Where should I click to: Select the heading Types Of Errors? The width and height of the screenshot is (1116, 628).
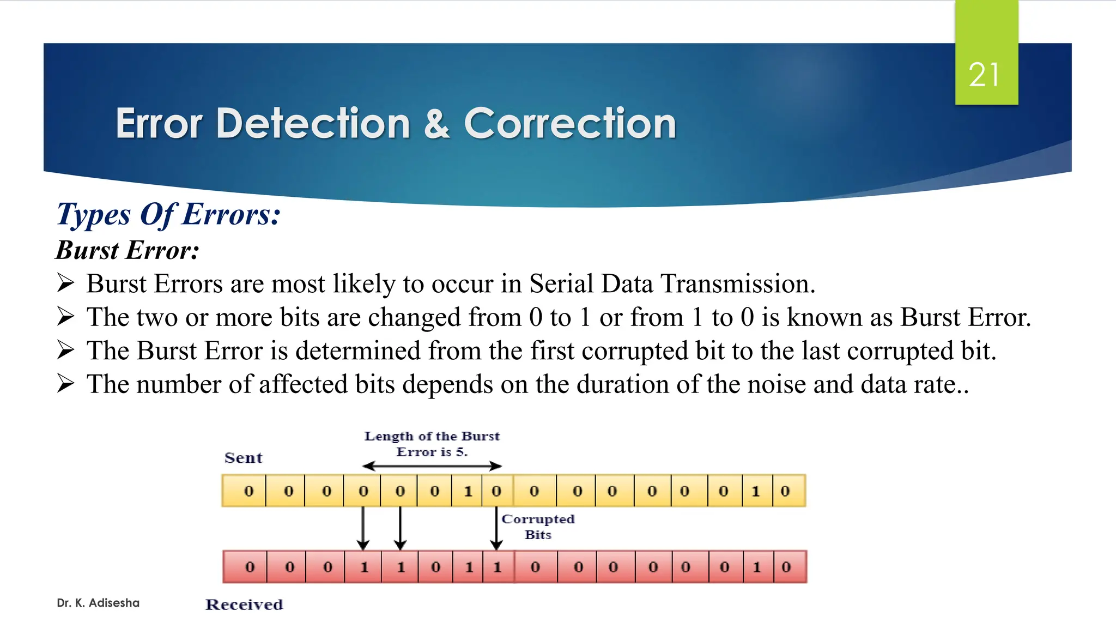click(168, 214)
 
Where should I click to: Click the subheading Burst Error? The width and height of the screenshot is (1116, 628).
click(128, 250)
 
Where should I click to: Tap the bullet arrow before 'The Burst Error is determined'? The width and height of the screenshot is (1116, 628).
click(65, 350)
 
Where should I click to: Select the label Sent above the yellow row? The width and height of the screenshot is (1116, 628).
click(243, 458)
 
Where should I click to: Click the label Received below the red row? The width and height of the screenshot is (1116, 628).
click(244, 605)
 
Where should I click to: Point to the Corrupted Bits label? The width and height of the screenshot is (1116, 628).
click(538, 527)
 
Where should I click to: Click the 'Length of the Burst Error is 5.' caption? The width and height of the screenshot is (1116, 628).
click(432, 444)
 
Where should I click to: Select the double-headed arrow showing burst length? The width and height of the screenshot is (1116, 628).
click(432, 466)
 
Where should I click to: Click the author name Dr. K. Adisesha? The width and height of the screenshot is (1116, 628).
click(98, 603)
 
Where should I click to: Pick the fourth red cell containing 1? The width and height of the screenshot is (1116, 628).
click(363, 567)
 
